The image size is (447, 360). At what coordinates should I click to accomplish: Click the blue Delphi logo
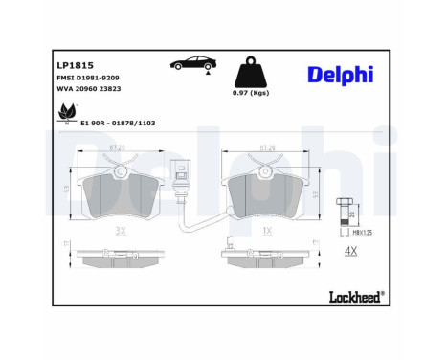(341, 76)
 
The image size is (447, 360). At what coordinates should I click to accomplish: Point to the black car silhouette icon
(191, 63)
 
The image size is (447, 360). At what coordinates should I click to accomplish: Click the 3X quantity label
(120, 232)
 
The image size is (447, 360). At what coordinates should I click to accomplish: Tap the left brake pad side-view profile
(120, 259)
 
